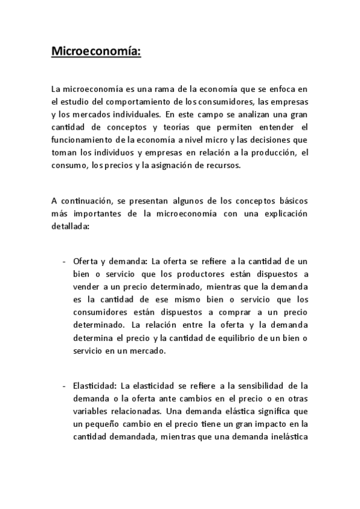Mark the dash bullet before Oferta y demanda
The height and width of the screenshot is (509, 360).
coord(64,262)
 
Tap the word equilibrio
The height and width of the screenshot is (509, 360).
coord(248,338)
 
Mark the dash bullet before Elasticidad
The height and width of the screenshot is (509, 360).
coord(64,387)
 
